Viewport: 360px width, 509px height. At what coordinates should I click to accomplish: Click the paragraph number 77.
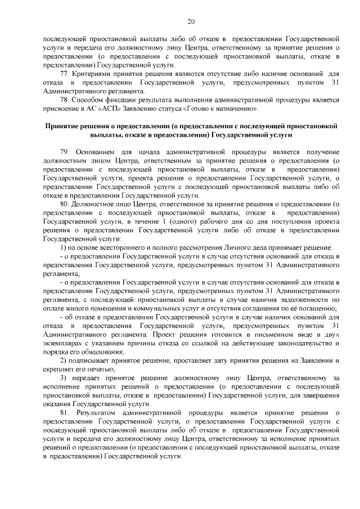64,73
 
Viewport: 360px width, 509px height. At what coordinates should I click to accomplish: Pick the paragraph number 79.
64,152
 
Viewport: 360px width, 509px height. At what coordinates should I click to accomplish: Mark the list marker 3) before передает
64,377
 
